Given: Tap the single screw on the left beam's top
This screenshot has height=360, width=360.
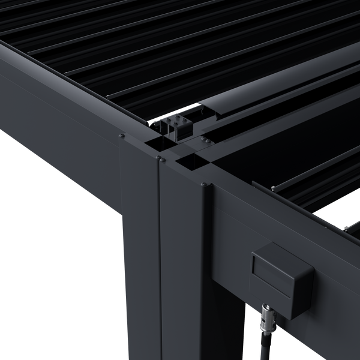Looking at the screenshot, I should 122,137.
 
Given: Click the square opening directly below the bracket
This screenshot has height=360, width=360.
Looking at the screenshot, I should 158,144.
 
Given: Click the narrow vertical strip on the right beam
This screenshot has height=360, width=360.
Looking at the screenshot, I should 208,240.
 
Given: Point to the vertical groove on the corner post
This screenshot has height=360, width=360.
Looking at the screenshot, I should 158,258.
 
